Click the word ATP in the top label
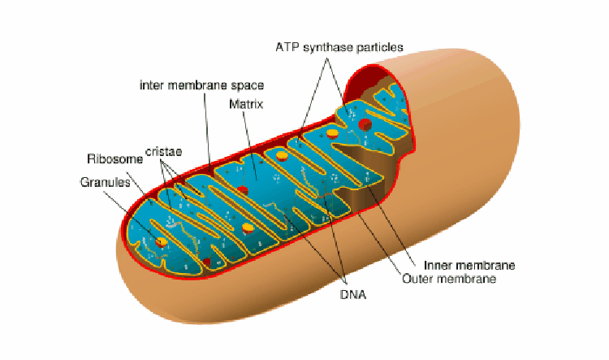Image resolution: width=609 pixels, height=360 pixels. click(287, 46)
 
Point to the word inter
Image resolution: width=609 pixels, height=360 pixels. click(152, 85)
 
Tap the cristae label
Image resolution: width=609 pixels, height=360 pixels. click(162, 151)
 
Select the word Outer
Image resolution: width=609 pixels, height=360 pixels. click(419, 279)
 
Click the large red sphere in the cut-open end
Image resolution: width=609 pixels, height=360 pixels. click(365, 124)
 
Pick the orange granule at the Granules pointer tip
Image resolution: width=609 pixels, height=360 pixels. click(162, 241)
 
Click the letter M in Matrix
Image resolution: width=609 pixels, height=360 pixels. click(233, 105)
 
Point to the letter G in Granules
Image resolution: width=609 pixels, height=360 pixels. click(84, 182)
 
